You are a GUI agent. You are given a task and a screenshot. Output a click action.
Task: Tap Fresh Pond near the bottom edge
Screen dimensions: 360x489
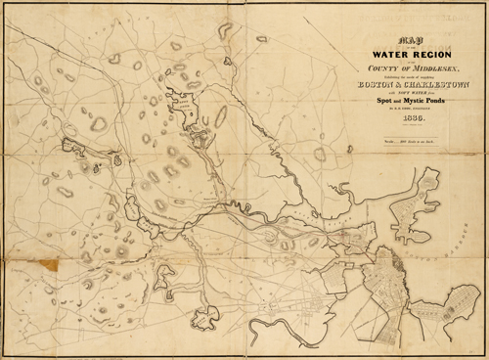tap(207, 315)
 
